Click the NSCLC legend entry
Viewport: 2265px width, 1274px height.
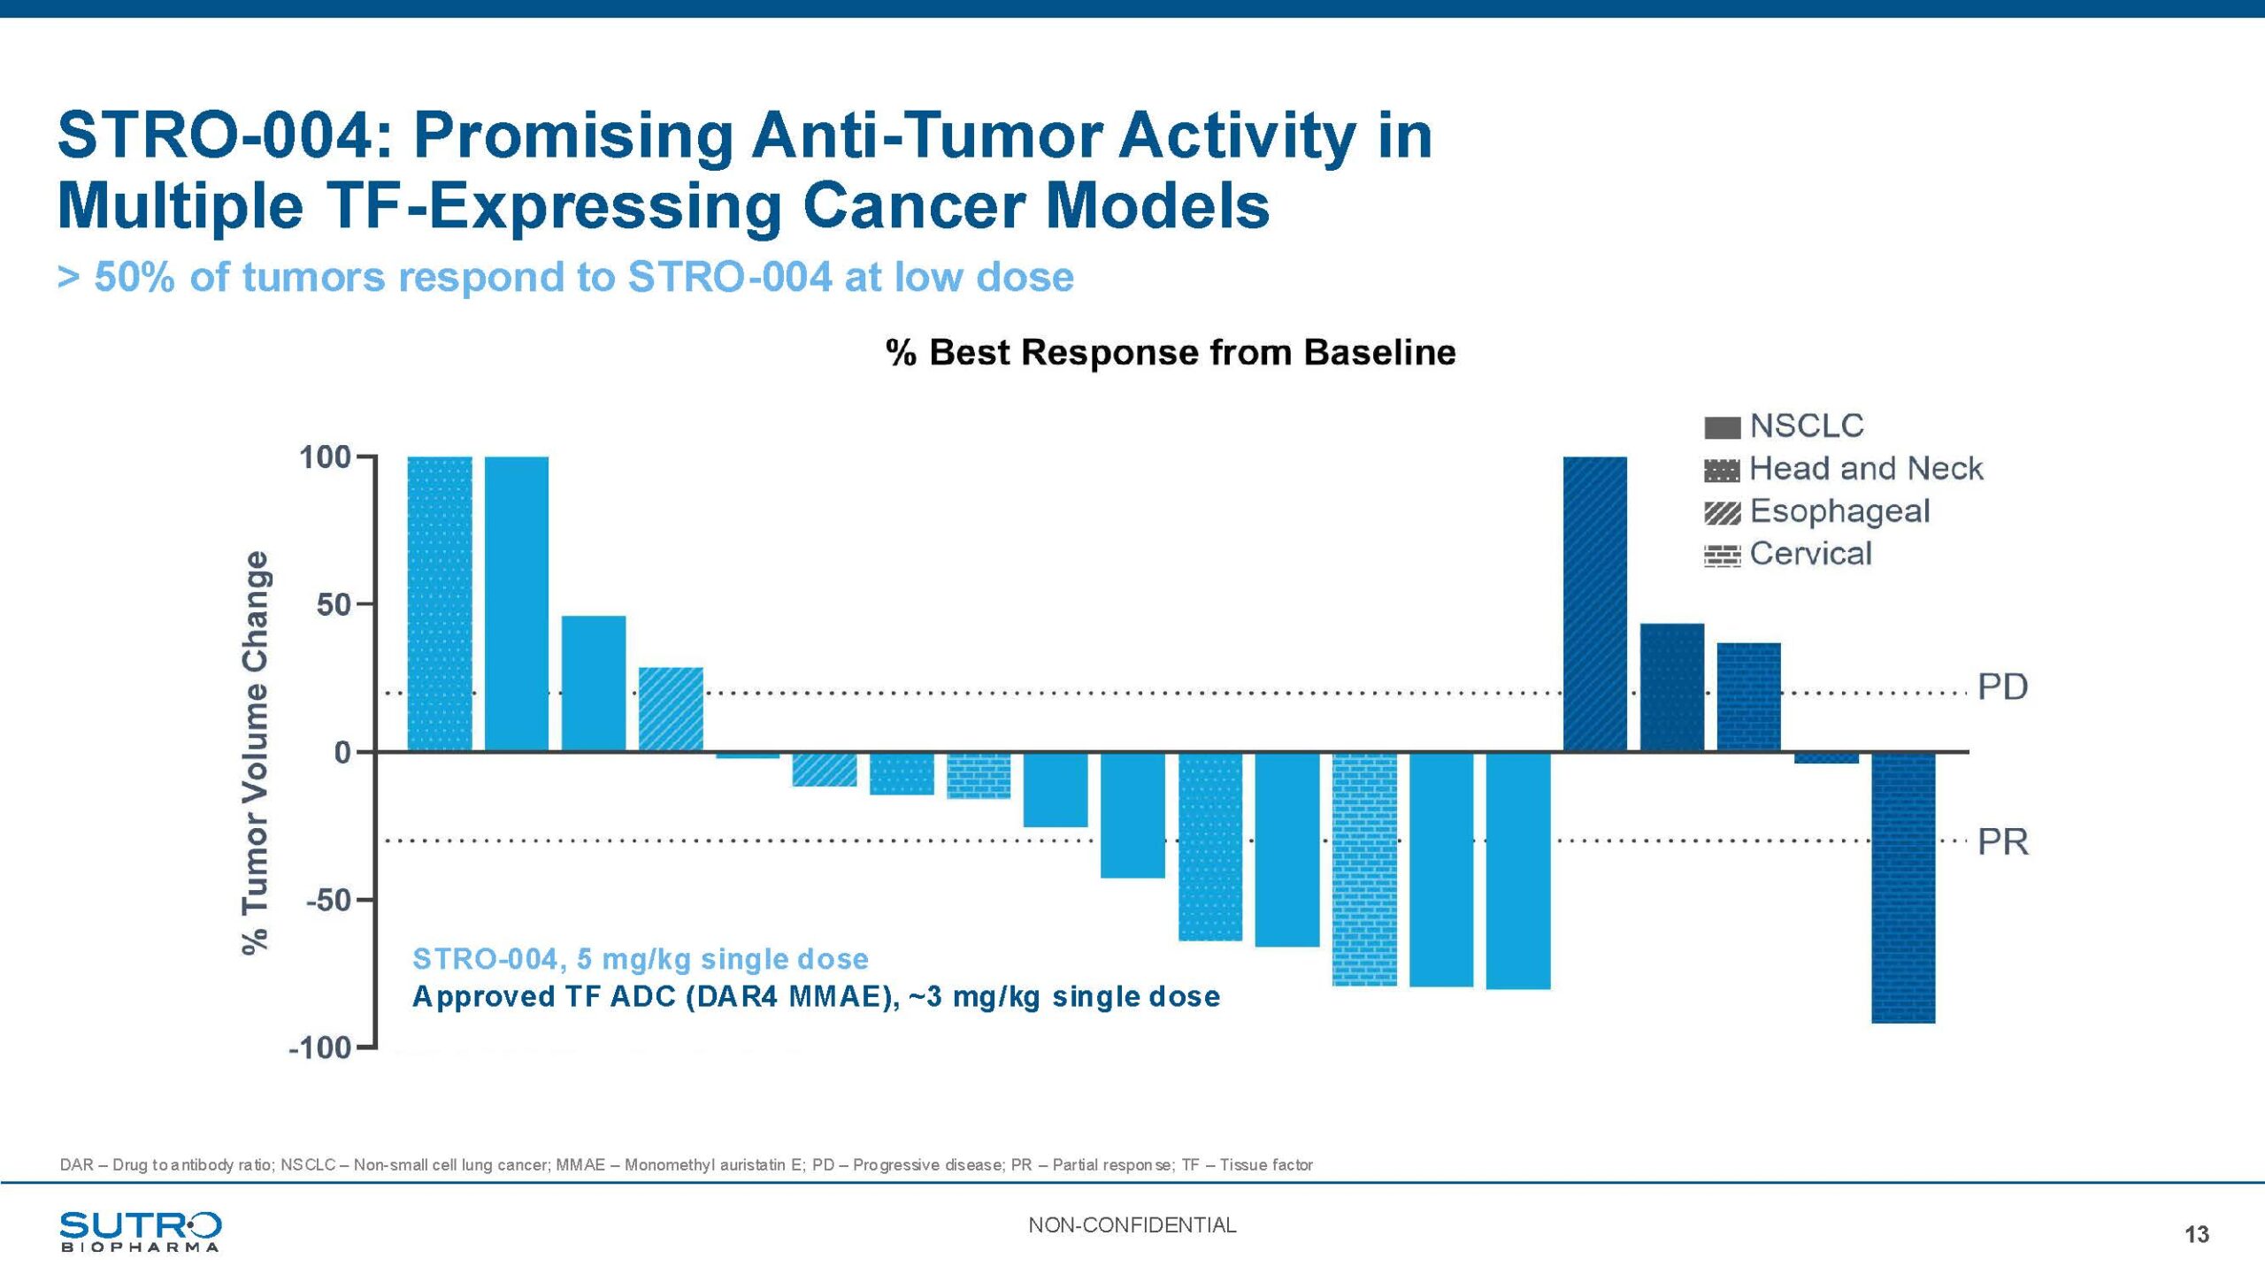(1806, 426)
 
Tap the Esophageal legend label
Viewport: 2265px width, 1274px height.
(1839, 511)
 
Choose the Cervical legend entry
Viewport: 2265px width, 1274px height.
(1810, 554)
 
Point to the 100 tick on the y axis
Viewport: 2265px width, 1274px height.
(326, 457)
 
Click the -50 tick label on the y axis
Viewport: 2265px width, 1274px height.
(328, 901)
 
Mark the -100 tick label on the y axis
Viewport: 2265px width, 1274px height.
(320, 1048)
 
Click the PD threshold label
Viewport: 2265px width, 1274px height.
(2002, 687)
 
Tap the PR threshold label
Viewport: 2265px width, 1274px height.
(2002, 842)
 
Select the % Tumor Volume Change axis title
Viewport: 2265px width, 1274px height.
(256, 752)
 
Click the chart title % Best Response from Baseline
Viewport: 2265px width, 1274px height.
(1170, 352)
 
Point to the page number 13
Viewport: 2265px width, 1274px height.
(2196, 1234)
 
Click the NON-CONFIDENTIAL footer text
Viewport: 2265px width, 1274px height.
(1132, 1225)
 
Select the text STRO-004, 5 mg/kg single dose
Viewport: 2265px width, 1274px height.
(640, 959)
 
